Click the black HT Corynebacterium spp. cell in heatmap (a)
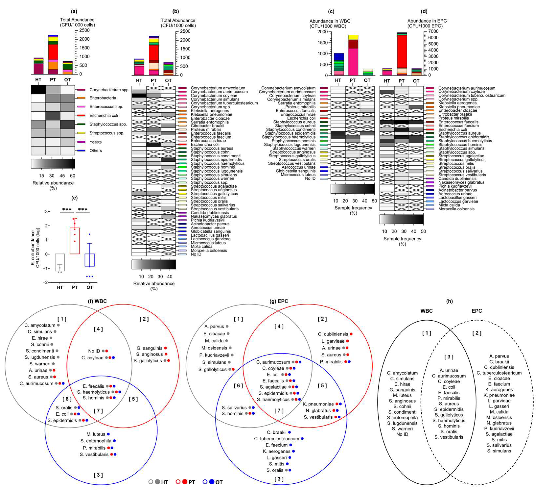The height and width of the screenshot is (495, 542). (38, 90)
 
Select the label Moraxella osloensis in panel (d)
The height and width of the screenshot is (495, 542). (456, 209)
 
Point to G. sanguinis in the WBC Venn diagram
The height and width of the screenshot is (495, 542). (149, 348)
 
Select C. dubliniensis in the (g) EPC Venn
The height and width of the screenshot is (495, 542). (333, 334)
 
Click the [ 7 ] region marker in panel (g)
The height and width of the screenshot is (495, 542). (279, 411)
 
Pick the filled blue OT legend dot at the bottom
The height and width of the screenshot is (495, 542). (212, 482)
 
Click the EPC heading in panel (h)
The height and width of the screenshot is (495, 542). (476, 311)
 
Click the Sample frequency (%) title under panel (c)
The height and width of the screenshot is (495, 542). (353, 210)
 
